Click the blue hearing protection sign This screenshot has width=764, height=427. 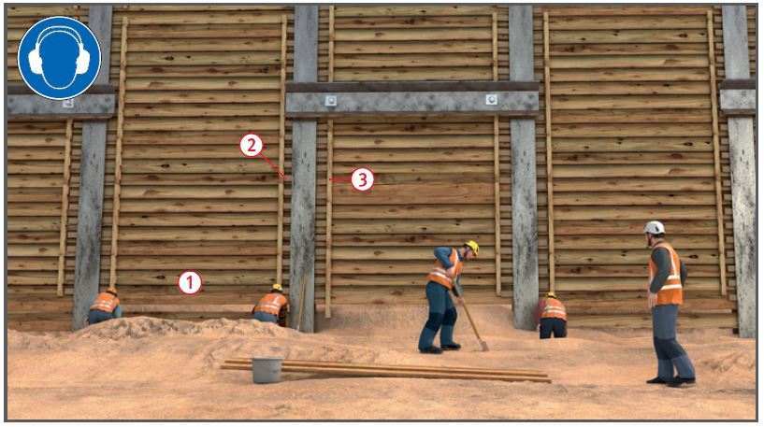60,57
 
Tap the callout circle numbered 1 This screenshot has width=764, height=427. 190,282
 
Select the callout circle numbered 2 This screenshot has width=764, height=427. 252,146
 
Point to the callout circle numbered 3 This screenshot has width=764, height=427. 362,179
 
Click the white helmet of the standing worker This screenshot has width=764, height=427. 655,227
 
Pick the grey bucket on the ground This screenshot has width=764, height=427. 267,370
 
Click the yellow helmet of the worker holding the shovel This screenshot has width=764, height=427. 472,247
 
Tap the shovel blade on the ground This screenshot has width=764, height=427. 483,345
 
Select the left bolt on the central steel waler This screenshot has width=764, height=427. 331,101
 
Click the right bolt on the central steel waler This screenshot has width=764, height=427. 491,100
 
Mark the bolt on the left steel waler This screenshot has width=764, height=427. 68,103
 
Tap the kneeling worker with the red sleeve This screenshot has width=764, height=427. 553,316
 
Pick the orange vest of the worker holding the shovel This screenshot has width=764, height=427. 444,269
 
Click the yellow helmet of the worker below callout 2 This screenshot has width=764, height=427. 277,287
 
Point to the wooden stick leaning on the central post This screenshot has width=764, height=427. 302,303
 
